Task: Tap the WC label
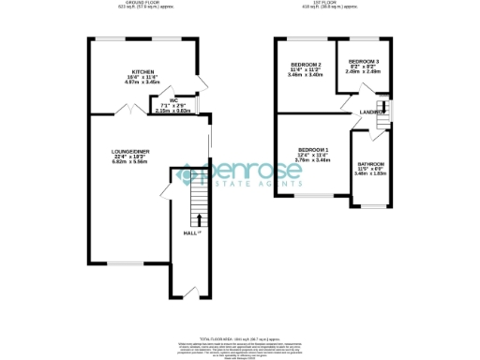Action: (x=174, y=100)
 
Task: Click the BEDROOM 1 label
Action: (x=314, y=150)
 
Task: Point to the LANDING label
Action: (x=370, y=112)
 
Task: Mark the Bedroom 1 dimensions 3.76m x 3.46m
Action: (x=314, y=160)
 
